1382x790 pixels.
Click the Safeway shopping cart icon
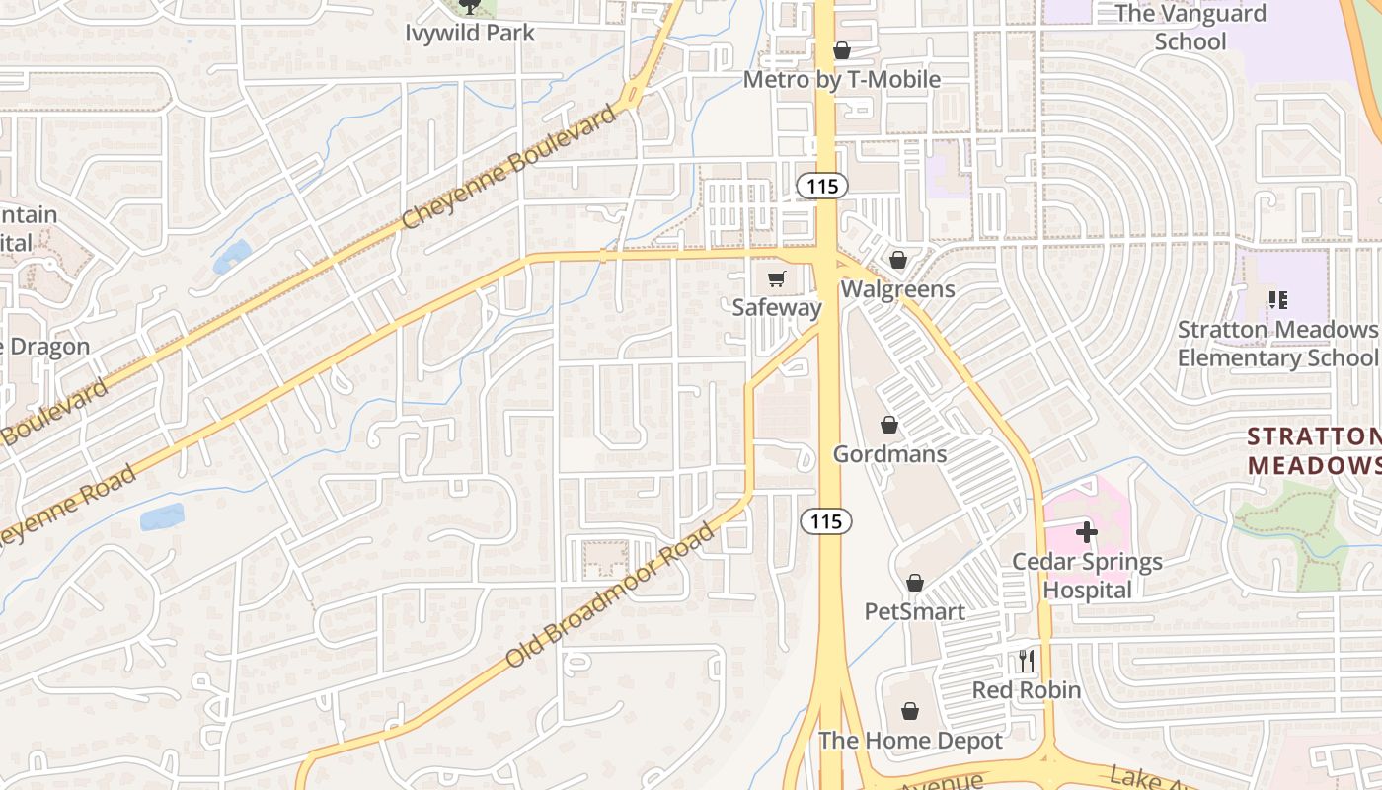[777, 279]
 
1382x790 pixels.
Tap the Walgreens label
[897, 289]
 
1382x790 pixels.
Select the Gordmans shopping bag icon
[889, 425]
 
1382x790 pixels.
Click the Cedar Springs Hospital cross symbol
[1087, 532]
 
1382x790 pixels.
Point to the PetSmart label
[914, 611]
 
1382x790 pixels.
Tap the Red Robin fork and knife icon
[1027, 661]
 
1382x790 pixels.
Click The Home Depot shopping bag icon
[910, 711]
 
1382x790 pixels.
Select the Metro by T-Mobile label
[841, 79]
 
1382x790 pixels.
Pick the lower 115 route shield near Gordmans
[825, 520]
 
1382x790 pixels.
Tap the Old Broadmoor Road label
[609, 596]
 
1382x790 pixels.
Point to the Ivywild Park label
[470, 33]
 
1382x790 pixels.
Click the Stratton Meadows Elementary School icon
[1277, 299]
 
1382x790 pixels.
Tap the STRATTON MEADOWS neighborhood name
[1313, 450]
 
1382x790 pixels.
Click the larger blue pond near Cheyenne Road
[162, 517]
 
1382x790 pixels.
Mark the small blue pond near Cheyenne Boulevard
[232, 257]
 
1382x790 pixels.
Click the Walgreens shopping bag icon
[898, 261]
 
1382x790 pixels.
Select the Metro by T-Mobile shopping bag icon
[842, 50]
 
